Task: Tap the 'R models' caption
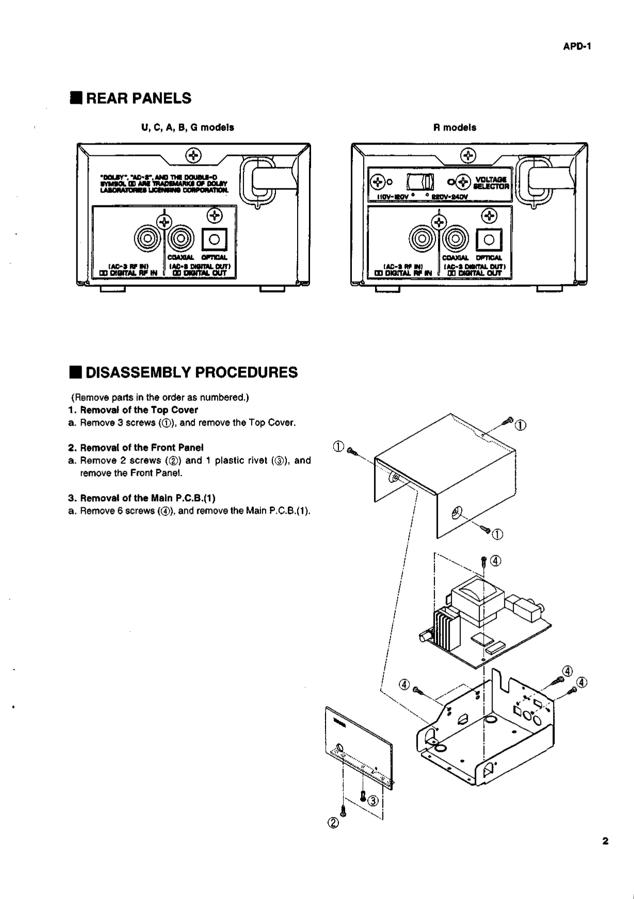454,127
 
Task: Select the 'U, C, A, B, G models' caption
188,127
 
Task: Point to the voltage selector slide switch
420,182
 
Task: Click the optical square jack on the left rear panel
214,239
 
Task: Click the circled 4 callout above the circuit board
495,561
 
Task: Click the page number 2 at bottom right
605,841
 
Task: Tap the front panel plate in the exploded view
358,743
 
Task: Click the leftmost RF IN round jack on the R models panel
421,238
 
